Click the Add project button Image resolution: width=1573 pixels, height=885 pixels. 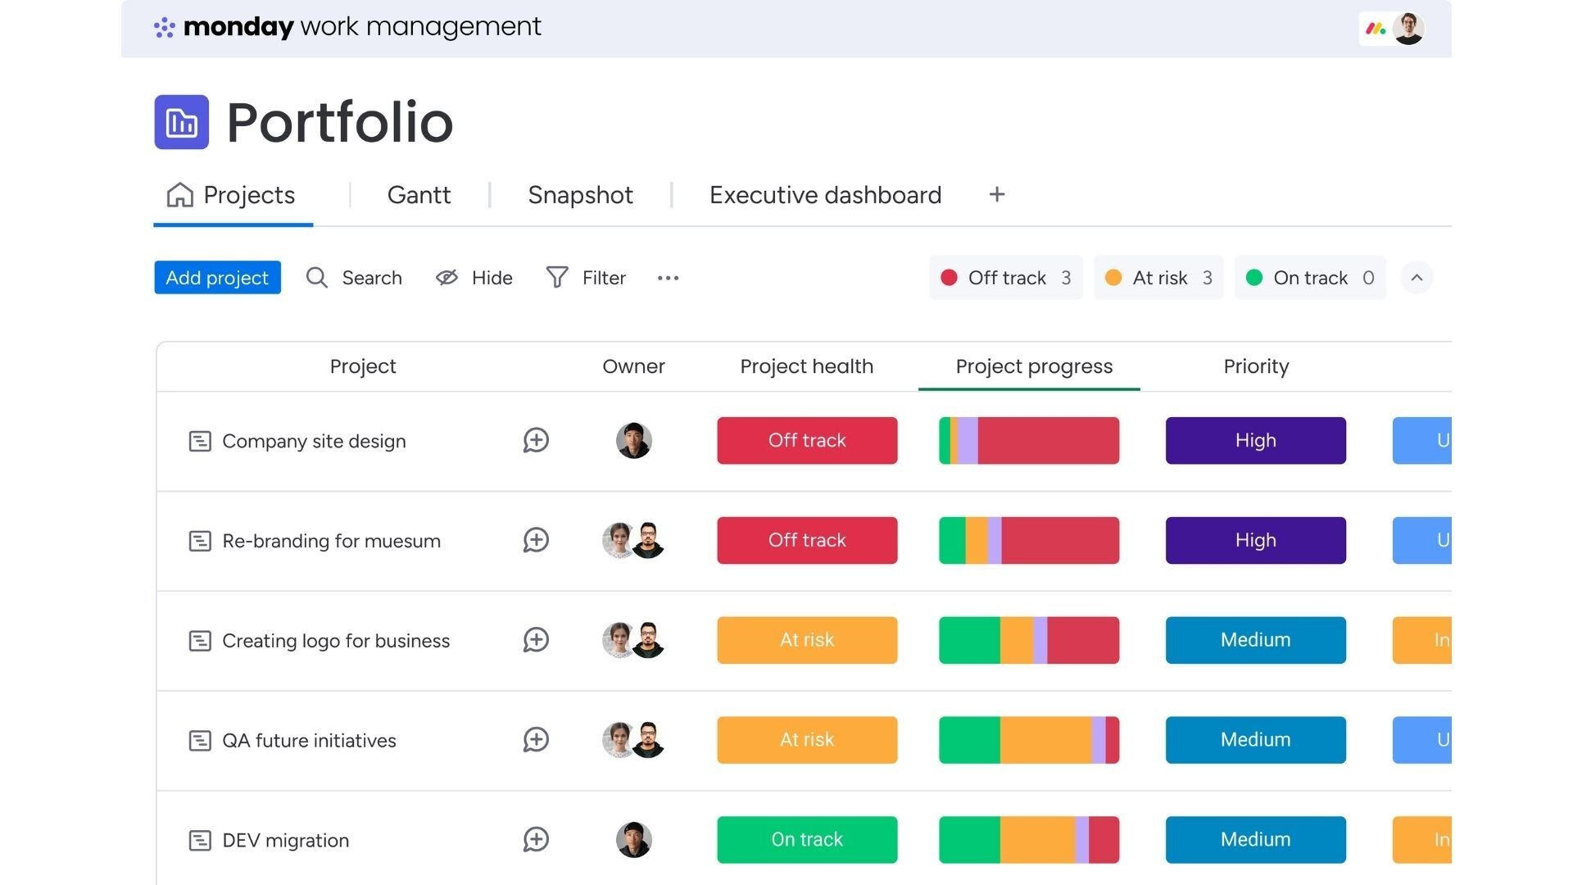217,278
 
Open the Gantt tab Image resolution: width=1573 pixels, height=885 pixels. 419,195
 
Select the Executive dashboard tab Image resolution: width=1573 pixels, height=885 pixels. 825,195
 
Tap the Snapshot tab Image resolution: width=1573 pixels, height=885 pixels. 580,195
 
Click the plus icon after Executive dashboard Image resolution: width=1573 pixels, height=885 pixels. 996,195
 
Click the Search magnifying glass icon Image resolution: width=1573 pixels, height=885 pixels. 317,278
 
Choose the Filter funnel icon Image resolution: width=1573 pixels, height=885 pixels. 557,278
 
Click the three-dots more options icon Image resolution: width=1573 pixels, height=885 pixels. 668,278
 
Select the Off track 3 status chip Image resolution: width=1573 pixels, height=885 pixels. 1006,278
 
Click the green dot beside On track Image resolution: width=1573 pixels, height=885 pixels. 1253,278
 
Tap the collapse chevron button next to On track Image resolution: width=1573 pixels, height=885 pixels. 1417,278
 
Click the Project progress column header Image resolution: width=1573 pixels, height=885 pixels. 1034,366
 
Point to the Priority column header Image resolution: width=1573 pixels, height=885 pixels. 1256,366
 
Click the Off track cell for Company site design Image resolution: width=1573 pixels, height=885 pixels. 807,441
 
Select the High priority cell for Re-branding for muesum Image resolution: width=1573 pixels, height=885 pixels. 1255,541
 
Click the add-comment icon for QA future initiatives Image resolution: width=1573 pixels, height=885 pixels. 536,740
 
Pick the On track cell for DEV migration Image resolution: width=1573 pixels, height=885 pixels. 807,840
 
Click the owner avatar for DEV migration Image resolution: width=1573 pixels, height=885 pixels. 633,840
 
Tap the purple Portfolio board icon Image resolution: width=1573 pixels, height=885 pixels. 181,122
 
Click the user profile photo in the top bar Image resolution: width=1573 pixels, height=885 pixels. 1408,29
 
